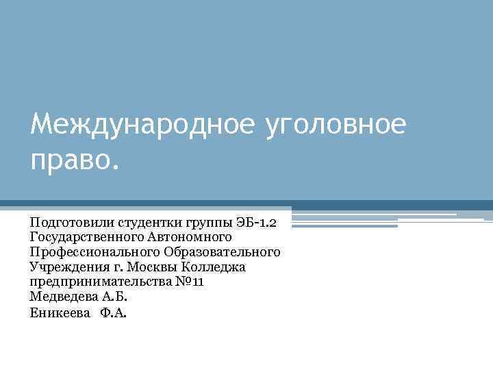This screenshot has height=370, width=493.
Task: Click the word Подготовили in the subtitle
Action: [x=72, y=222]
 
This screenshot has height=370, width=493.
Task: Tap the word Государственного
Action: [x=86, y=237]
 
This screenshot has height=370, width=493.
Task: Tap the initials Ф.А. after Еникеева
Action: [x=114, y=312]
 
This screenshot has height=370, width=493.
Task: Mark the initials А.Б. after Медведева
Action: [x=114, y=297]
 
